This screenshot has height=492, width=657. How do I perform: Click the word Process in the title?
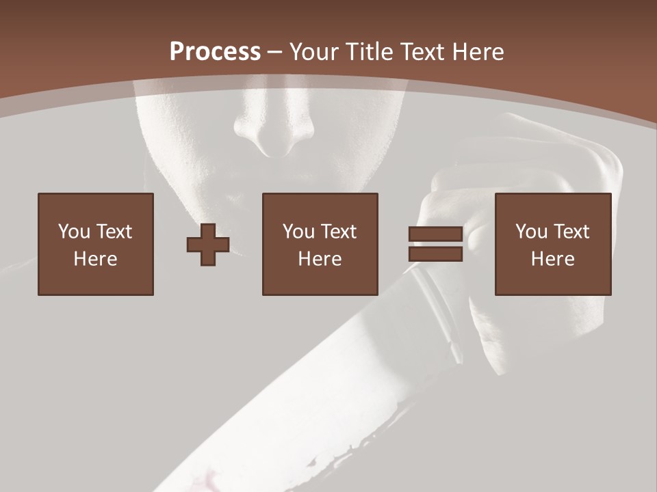pyautogui.click(x=215, y=52)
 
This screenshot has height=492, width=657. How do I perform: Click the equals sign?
pyautogui.click(x=435, y=245)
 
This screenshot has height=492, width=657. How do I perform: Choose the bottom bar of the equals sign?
pyautogui.click(x=435, y=254)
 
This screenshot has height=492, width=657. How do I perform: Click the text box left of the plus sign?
pyautogui.click(x=96, y=245)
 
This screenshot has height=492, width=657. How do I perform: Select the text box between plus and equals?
pyautogui.click(x=320, y=245)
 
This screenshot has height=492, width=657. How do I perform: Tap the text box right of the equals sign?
pyautogui.click(x=552, y=245)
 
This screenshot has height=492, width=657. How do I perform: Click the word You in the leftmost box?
pyautogui.click(x=73, y=232)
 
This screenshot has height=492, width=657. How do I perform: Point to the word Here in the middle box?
pyautogui.click(x=320, y=259)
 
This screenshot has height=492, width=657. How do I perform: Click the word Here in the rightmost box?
pyautogui.click(x=552, y=259)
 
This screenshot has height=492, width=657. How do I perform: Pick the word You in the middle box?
pyautogui.click(x=298, y=232)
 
